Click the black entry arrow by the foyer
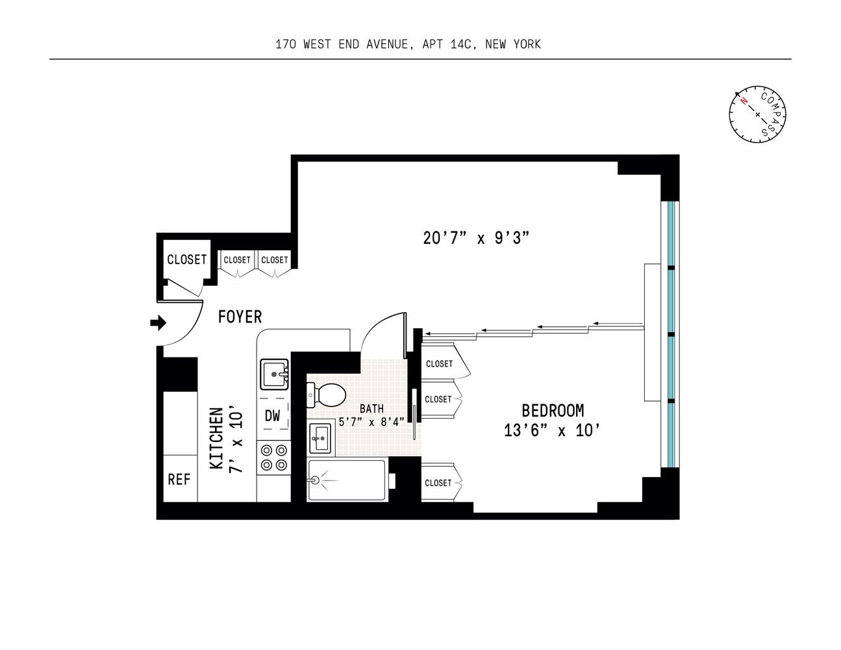[x=158, y=322]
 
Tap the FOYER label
[x=240, y=317]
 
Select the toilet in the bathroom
[x=326, y=395]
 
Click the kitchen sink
[x=275, y=374]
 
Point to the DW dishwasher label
[x=273, y=415]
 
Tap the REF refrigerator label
[x=179, y=480]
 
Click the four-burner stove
[x=274, y=457]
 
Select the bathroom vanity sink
[x=320, y=438]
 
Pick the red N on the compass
[x=743, y=101]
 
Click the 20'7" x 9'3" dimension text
[x=475, y=238]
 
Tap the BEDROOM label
[x=553, y=411]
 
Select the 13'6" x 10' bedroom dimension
[x=552, y=430]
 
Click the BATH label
[x=371, y=409]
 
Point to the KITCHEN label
[x=217, y=438]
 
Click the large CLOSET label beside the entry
[x=186, y=259]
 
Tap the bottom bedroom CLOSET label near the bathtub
[x=438, y=483]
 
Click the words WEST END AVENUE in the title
[x=356, y=44]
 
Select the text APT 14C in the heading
[x=447, y=44]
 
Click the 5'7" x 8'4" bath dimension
[x=371, y=421]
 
